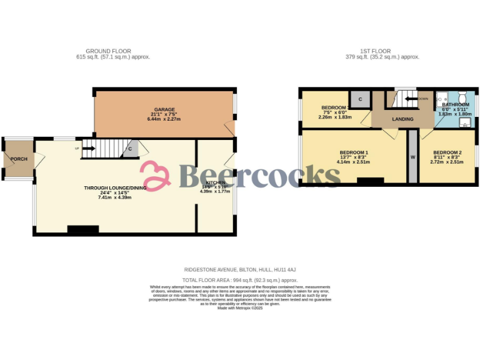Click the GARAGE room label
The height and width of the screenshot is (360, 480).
(165, 109)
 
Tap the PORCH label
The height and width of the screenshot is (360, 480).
(19, 159)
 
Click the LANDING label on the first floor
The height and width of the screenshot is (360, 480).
(402, 119)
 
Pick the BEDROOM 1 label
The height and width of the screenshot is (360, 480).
(354, 153)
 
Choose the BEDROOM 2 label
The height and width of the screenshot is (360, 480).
(447, 153)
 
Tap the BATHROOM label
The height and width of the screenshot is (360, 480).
(456, 104)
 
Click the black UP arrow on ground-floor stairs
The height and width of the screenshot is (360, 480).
(87, 149)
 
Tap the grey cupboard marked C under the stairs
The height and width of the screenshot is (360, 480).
(130, 149)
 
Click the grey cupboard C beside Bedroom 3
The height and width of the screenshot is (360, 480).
(361, 99)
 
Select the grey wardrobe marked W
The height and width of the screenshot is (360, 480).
(412, 157)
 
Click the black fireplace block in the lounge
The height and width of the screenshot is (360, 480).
(82, 229)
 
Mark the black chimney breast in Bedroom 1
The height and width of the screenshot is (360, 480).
(371, 181)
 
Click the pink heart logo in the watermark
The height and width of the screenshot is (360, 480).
(155, 176)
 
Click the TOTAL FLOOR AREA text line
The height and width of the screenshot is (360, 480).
(240, 281)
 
